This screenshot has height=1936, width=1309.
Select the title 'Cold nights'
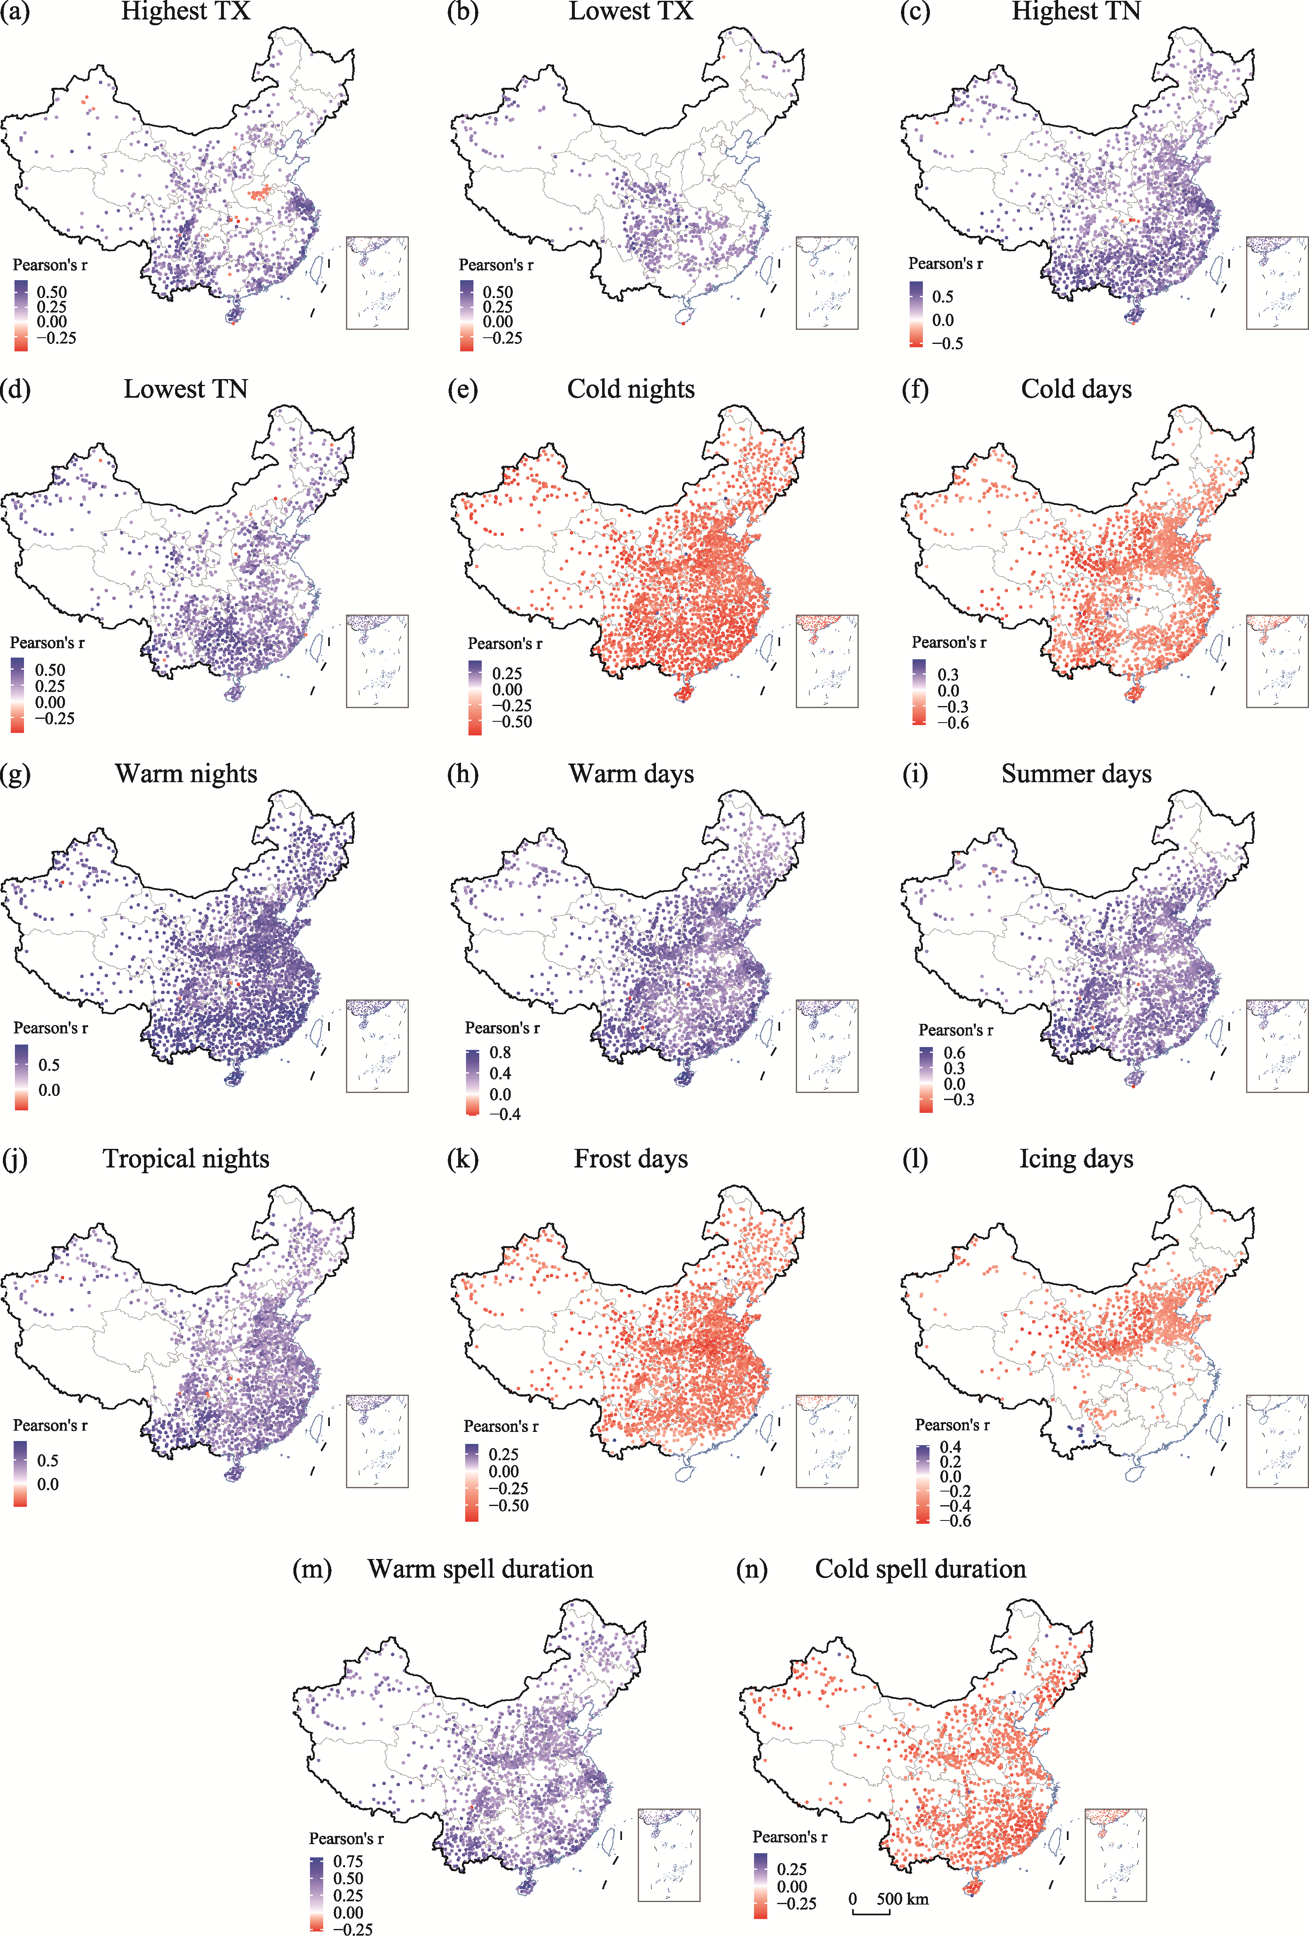pyautogui.click(x=631, y=389)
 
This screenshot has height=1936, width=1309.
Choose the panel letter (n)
pyautogui.click(x=752, y=1569)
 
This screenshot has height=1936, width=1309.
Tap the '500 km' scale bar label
pyautogui.click(x=902, y=1898)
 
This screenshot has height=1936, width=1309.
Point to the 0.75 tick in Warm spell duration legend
pyautogui.click(x=348, y=1861)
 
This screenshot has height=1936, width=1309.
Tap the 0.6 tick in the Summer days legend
pyautogui.click(x=954, y=1053)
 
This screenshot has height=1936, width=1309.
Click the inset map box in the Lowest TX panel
pyautogui.click(x=826, y=283)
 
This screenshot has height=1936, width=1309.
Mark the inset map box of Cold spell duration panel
pyautogui.click(x=1116, y=1855)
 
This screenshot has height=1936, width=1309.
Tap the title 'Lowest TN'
pyautogui.click(x=186, y=389)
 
